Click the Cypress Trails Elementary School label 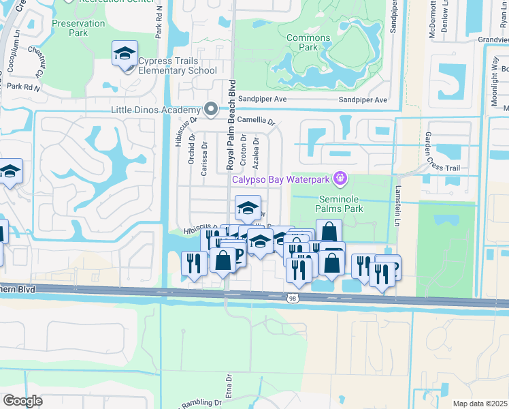tap(178, 65)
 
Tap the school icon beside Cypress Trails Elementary tap(125, 53)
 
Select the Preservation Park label tap(79, 28)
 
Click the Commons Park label tap(308, 43)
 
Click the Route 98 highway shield tap(292, 298)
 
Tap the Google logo tap(22, 401)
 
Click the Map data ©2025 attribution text tap(480, 404)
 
